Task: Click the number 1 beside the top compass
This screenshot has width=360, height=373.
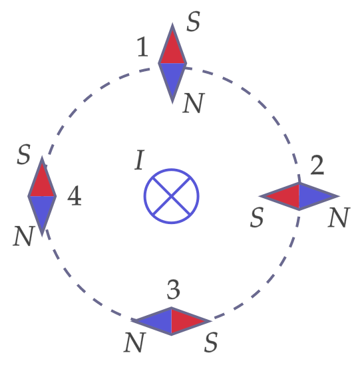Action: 143,47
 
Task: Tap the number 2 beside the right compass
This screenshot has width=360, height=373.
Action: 317,165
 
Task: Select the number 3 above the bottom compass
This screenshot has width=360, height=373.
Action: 173,289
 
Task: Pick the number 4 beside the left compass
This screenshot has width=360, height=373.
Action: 75,195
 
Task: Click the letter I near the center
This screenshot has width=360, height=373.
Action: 140,160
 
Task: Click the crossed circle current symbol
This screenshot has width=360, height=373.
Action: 172,196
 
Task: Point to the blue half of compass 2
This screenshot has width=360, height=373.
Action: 314,196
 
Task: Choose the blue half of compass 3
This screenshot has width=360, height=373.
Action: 156,321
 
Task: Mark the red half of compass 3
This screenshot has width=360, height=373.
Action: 186,321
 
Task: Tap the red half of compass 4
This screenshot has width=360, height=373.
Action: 42,182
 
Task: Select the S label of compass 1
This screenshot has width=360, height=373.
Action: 193,21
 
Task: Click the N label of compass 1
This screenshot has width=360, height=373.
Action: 194,103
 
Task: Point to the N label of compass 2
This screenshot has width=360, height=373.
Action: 339,217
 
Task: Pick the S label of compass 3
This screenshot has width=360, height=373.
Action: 211,342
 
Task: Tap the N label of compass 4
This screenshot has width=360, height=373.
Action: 24,236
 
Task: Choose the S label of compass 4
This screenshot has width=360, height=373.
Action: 23,154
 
